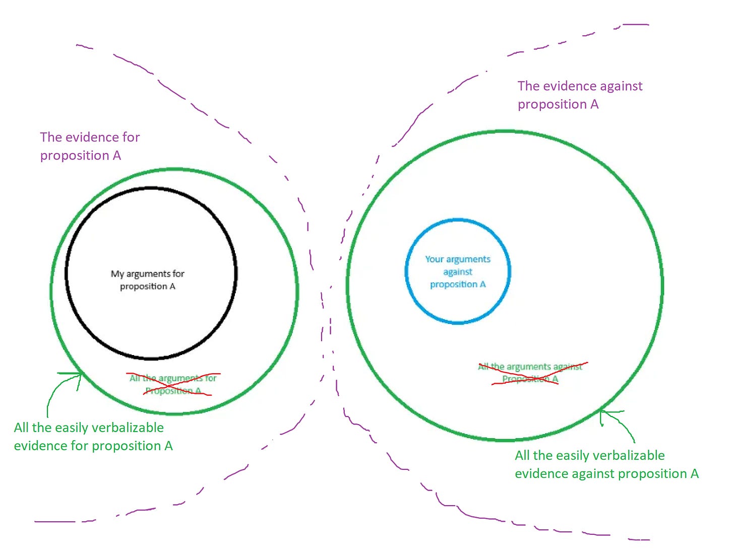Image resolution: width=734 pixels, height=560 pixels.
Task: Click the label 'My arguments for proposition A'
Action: pyautogui.click(x=148, y=280)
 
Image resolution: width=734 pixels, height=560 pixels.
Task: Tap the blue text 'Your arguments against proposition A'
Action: pyautogui.click(x=458, y=271)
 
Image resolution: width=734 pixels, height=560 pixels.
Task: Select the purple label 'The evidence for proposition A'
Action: pyautogui.click(x=90, y=146)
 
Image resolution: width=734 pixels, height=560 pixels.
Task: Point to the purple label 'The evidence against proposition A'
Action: pyautogui.click(x=580, y=95)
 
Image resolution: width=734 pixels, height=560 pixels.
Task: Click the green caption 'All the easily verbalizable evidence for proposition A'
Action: pyautogui.click(x=93, y=437)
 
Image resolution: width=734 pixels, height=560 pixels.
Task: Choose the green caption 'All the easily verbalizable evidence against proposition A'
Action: pyautogui.click(x=606, y=464)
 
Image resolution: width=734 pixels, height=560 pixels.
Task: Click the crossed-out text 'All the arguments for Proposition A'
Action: pyautogui.click(x=173, y=384)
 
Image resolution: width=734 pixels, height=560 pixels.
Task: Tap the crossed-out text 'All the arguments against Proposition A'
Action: pyautogui.click(x=530, y=373)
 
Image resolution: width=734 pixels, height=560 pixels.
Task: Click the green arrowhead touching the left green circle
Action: pyautogui.click(x=81, y=375)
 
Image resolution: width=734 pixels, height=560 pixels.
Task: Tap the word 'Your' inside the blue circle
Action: pyautogui.click(x=434, y=259)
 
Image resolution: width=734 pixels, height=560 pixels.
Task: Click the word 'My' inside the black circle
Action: pyautogui.click(x=117, y=274)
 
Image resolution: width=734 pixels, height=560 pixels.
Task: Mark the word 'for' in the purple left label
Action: pyautogui.click(x=131, y=137)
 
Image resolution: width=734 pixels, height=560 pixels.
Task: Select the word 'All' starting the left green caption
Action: pyautogui.click(x=21, y=428)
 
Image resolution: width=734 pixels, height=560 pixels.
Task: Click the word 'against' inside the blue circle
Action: pyautogui.click(x=458, y=272)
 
